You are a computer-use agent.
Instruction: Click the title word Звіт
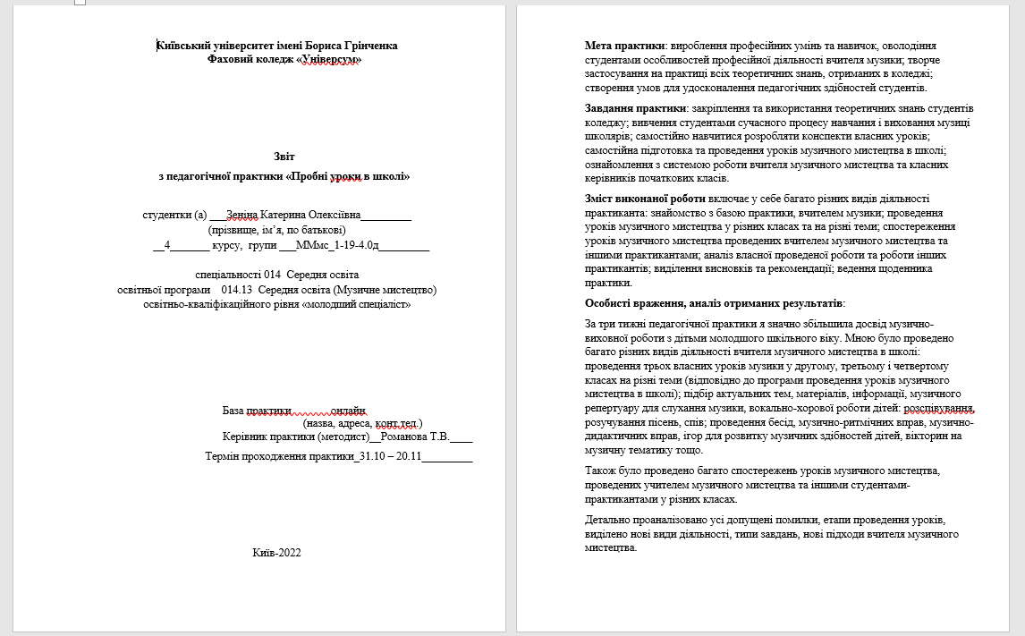pos(284,157)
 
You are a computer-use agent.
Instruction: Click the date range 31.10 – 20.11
pos(389,456)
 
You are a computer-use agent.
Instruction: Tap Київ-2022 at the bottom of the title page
pos(277,553)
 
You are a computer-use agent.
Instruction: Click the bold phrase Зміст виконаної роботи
pos(644,198)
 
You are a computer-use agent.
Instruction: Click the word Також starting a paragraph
pos(601,471)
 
